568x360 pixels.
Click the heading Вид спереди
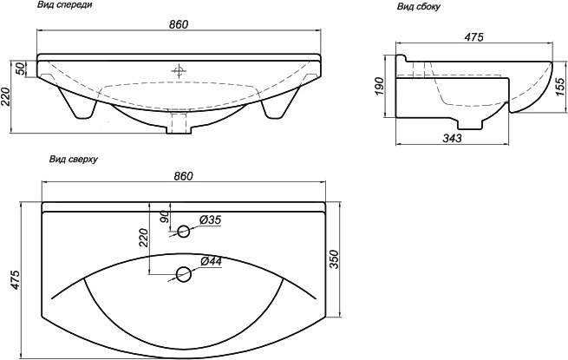tap(64, 4)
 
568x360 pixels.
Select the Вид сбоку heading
tap(419, 7)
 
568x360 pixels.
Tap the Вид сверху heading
tap(74, 160)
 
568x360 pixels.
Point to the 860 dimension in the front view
tap(179, 24)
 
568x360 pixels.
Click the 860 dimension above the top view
tap(183, 176)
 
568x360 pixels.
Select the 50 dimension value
tap(21, 69)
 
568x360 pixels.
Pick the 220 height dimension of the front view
tap(5, 96)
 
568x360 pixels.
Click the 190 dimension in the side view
tap(379, 86)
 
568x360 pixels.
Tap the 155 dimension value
tap(559, 87)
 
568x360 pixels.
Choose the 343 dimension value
tap(453, 138)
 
